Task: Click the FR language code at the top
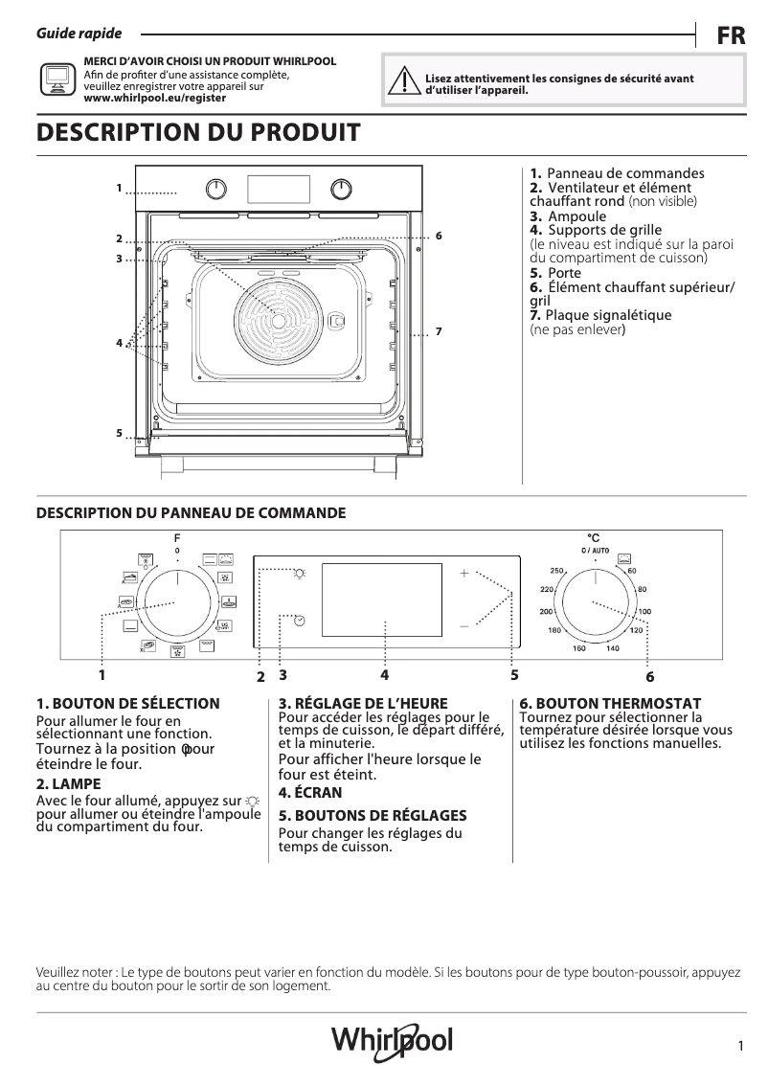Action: tap(731, 36)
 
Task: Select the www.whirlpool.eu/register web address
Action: tap(155, 98)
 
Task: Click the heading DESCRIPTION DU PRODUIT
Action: tap(198, 133)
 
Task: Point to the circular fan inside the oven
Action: tap(280, 321)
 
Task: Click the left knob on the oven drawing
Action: tap(218, 188)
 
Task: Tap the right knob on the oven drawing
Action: tap(341, 188)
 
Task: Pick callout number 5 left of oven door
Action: tap(120, 433)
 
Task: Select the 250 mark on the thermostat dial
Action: tap(556, 571)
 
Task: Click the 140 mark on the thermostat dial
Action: tap(613, 648)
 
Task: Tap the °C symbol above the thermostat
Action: tap(594, 538)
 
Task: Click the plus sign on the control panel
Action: tap(463, 574)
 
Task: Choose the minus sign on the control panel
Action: tap(463, 625)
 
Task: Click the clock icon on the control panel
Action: tap(300, 621)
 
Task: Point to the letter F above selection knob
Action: tap(177, 538)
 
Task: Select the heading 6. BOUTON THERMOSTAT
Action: tap(610, 703)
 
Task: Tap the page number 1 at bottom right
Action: tap(741, 1047)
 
